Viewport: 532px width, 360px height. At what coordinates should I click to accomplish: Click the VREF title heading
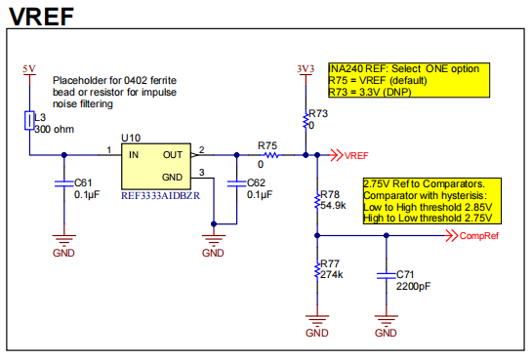point(41,17)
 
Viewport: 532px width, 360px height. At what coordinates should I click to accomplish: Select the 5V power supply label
point(29,69)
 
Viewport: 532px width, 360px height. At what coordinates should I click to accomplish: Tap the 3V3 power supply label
point(306,69)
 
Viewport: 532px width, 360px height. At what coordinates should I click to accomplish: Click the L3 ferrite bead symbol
point(29,120)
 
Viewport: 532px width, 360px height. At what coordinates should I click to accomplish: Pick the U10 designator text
point(131,138)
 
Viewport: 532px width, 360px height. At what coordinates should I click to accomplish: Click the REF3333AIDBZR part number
point(160,195)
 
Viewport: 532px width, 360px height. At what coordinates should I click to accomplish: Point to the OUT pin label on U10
point(173,155)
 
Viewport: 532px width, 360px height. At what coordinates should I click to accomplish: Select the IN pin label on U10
point(134,155)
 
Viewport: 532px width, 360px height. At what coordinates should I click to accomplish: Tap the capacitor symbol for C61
point(64,183)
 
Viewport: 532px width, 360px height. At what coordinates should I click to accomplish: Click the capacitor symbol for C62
point(237,183)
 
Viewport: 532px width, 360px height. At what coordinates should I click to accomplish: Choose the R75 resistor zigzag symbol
point(271,155)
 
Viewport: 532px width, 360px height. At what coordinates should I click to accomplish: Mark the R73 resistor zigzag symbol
point(306,121)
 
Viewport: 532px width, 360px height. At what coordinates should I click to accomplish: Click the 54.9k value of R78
point(333,206)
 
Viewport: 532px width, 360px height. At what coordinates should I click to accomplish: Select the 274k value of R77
point(332,274)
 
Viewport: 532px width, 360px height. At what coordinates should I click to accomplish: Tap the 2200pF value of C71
point(413,287)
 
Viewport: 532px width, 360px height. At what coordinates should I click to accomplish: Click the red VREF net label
point(356,155)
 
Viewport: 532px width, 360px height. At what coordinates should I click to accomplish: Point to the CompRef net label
point(479,236)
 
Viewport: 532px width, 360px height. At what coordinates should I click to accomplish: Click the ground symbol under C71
point(387,320)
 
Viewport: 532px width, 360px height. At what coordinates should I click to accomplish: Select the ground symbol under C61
point(64,240)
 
